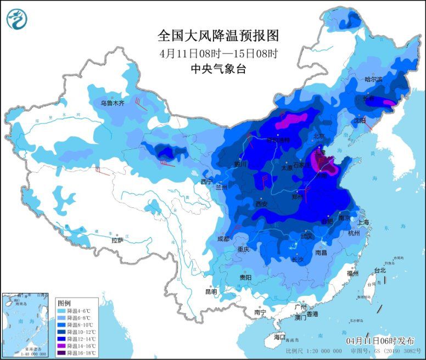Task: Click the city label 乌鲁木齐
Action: [113, 103]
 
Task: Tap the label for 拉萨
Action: [117, 240]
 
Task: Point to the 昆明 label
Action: [211, 291]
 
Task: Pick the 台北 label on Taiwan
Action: [380, 270]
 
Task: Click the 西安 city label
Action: [262, 204]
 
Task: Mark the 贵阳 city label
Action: [245, 278]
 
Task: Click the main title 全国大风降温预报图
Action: [218, 36]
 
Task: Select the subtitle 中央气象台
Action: [218, 69]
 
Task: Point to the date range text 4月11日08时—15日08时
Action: [218, 53]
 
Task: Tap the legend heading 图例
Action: [64, 303]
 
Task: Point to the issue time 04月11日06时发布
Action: [378, 340]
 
